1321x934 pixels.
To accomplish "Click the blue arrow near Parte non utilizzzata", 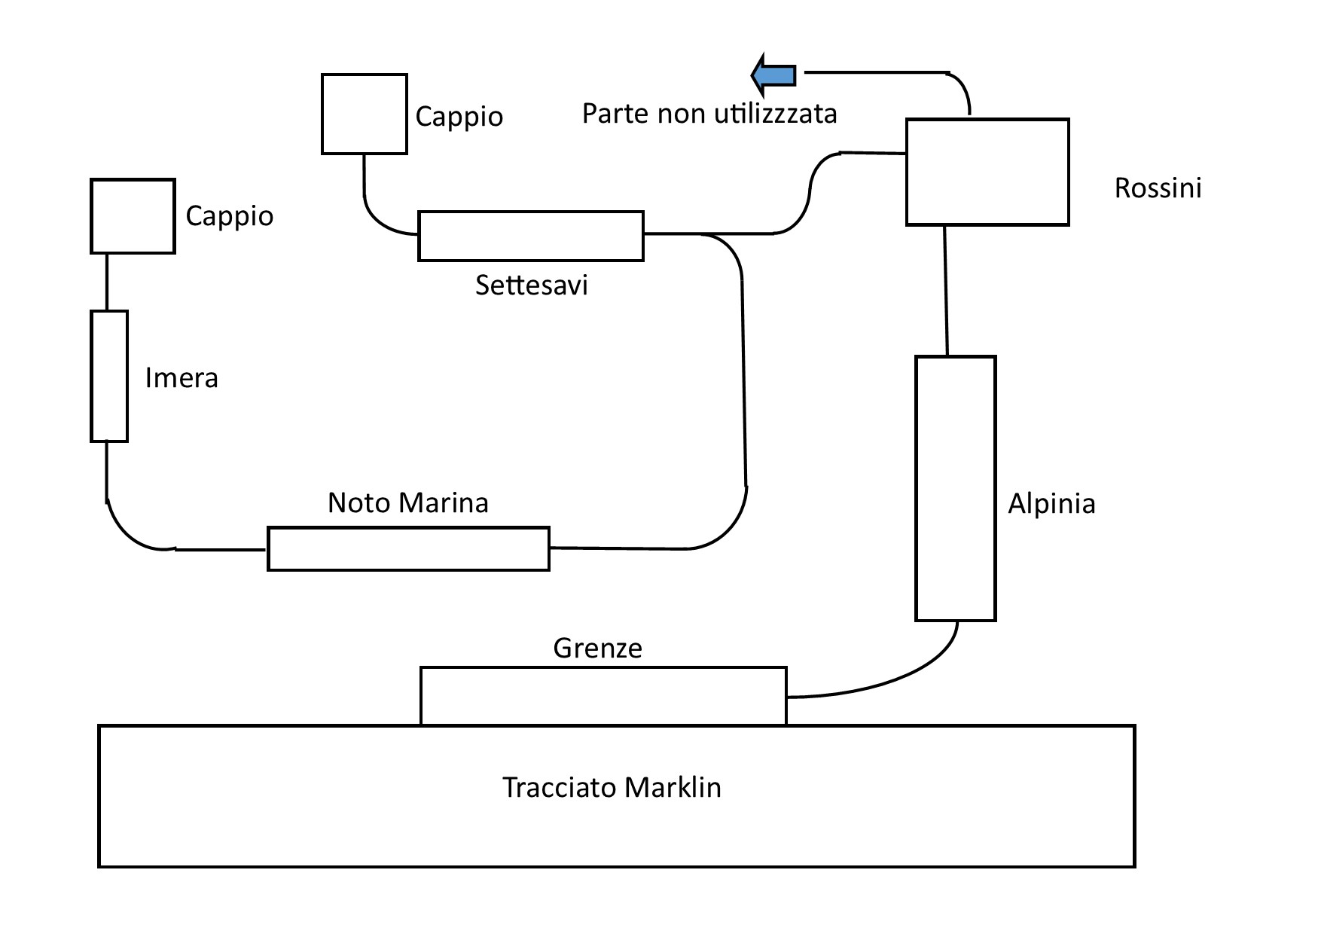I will pos(774,75).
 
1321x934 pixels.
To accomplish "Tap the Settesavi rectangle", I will pos(531,236).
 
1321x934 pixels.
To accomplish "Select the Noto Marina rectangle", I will pos(408,548).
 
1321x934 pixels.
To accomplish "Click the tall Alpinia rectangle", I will pos(955,488).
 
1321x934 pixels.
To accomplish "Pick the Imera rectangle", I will pos(109,376).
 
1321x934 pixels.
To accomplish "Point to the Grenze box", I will pos(603,696).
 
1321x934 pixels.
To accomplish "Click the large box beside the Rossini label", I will pos(987,172).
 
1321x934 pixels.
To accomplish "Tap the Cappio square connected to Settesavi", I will pos(365,114).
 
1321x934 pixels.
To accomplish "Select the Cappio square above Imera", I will pos(133,215).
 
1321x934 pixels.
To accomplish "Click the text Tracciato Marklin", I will pos(612,787).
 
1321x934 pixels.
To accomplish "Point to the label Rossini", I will pos(1158,188).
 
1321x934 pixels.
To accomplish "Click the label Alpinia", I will pos(1051,503).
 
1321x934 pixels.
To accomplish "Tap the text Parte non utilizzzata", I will pos(709,114).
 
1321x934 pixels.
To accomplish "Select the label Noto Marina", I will pos(408,502).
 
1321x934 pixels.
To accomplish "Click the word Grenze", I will pos(597,648).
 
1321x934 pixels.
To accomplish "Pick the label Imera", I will pos(182,377).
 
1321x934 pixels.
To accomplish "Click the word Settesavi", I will pos(531,285).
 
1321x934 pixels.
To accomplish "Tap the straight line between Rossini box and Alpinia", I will pos(946,290).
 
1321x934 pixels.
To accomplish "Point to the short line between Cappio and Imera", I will pos(107,282).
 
